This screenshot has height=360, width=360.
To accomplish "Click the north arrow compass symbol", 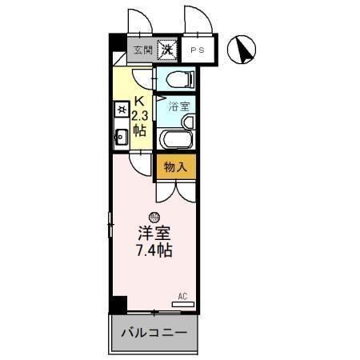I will point(241,50).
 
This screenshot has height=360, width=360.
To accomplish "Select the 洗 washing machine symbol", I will point(167,50).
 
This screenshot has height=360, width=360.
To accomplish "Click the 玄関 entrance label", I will point(142,50).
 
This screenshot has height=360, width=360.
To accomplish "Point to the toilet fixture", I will point(178,78).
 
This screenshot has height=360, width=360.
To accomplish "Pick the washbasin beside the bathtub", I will point(188,122).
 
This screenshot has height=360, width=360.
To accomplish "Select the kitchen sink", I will point(122,137).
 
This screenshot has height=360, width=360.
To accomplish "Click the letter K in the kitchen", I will point(140,102).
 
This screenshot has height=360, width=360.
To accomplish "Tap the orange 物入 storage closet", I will point(175,167).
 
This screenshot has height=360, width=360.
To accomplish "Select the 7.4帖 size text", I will point(154,250).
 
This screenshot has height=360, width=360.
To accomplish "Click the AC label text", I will point(182,296).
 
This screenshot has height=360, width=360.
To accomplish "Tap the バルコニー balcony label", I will point(154,332).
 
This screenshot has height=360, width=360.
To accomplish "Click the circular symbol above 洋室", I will point(154,216).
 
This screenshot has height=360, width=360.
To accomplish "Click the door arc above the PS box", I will point(196,20).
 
